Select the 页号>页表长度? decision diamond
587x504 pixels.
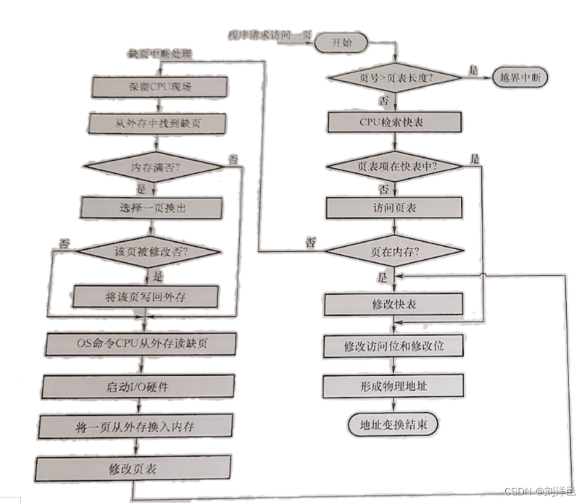[395, 77]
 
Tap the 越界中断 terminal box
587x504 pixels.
[519, 77]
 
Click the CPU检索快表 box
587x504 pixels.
[395, 121]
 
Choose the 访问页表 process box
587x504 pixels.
[395, 209]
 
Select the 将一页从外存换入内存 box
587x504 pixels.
[138, 424]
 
